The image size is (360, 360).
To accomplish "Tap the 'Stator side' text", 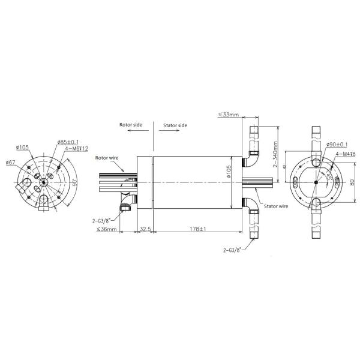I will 175,125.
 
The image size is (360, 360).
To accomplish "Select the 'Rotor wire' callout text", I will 108,158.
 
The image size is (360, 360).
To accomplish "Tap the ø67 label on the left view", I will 11,162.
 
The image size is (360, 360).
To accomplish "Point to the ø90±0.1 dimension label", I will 338,145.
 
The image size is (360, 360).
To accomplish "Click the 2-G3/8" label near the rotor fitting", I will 102,220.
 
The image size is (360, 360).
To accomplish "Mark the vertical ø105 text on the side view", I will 229,173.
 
